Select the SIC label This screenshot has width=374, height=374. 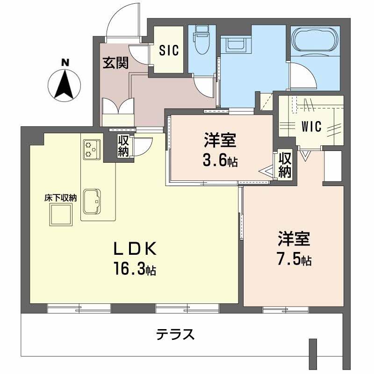pos(168,50)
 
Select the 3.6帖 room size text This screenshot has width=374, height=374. pos(220,161)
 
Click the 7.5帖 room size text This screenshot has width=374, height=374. pos(294,260)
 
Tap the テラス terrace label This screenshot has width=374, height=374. pos(175,334)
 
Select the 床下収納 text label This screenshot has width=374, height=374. pos(60,198)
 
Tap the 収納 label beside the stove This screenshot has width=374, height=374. pos(123,146)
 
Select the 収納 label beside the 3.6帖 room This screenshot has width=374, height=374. pos(285,165)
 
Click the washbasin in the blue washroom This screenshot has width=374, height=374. pos(234,44)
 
